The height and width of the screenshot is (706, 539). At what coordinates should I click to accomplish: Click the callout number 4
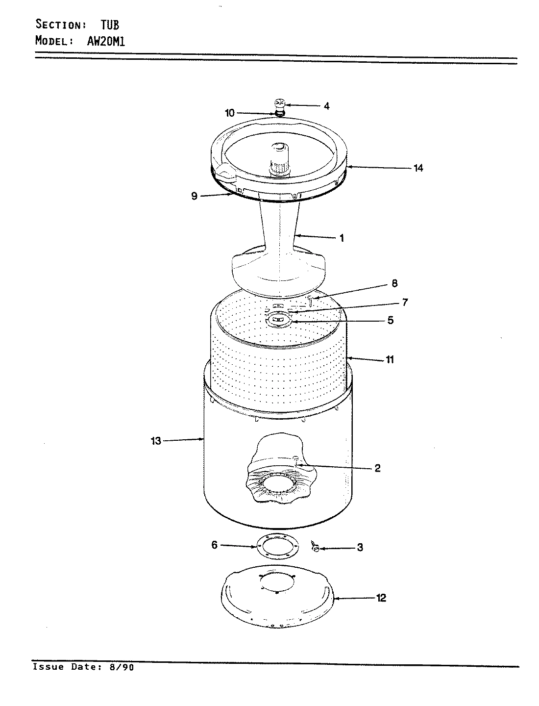pyautogui.click(x=326, y=105)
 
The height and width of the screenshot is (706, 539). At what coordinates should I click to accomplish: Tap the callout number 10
pyautogui.click(x=230, y=113)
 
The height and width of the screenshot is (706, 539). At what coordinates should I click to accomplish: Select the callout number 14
pyautogui.click(x=418, y=168)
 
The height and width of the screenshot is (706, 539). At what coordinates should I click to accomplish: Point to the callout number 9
pyautogui.click(x=194, y=196)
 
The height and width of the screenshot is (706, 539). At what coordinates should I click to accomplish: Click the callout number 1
pyautogui.click(x=342, y=238)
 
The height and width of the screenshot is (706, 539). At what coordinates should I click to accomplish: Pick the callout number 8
pyautogui.click(x=394, y=283)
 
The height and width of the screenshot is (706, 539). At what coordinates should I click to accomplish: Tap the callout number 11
pyautogui.click(x=390, y=360)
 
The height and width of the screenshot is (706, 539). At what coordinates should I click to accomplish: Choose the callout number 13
pyautogui.click(x=156, y=441)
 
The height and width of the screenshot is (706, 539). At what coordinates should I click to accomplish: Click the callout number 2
pyautogui.click(x=377, y=468)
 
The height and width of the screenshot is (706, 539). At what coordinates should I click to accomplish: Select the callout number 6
pyautogui.click(x=214, y=545)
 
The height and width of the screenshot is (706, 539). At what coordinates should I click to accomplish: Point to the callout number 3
pyautogui.click(x=360, y=548)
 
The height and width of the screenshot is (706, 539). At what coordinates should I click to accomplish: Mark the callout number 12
pyautogui.click(x=381, y=598)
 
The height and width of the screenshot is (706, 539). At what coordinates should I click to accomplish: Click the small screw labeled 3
pyautogui.click(x=316, y=547)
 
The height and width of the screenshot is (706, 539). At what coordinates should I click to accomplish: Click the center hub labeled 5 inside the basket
pyautogui.click(x=278, y=321)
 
